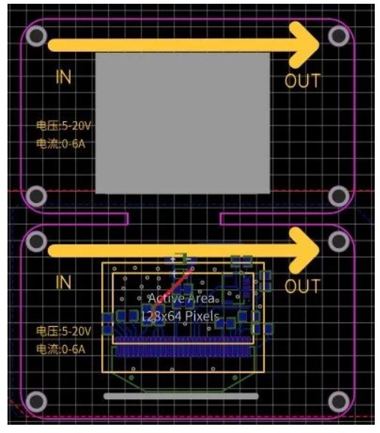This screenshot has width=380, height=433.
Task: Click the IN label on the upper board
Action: click(64, 77)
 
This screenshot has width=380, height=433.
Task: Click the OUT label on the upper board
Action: click(303, 80)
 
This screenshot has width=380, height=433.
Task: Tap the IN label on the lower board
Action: click(64, 282)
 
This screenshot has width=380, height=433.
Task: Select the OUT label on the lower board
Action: click(303, 286)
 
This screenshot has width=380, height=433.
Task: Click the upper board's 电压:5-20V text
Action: click(64, 126)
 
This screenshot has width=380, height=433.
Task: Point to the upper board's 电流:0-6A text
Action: click(61, 144)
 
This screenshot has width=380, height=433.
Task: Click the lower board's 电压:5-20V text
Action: click(64, 331)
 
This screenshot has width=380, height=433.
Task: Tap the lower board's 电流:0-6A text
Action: click(61, 350)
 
